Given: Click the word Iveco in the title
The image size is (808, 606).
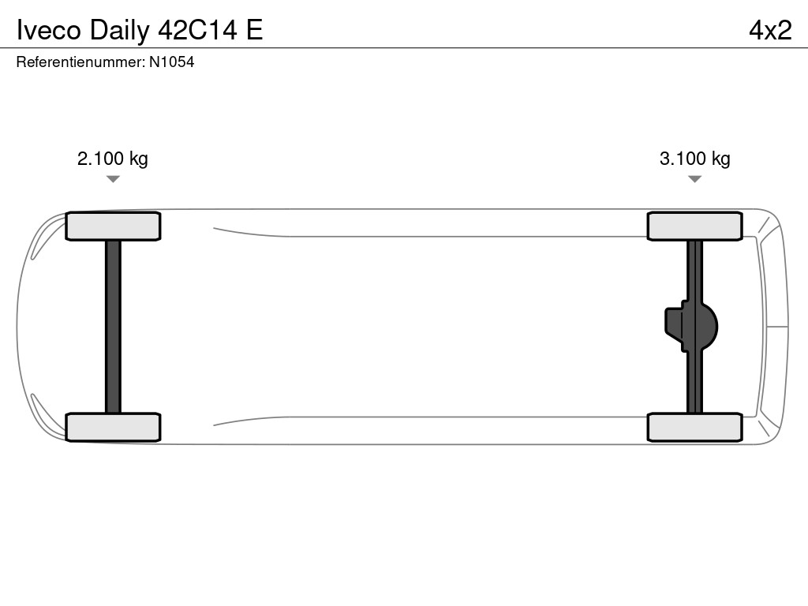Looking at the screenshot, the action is pyautogui.click(x=49, y=30).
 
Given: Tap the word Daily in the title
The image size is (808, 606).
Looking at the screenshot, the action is pyautogui.click(x=120, y=32).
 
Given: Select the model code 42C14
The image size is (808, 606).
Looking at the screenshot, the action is pyautogui.click(x=197, y=30).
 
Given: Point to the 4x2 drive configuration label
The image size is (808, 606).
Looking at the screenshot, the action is pyautogui.click(x=770, y=31).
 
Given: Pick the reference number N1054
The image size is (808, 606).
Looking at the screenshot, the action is pyautogui.click(x=171, y=62).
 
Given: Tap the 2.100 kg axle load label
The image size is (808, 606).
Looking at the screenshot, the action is pyautogui.click(x=112, y=159).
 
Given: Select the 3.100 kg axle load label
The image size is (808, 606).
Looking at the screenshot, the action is pyautogui.click(x=694, y=159).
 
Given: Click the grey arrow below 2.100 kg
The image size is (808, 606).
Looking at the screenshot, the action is pyautogui.click(x=113, y=179).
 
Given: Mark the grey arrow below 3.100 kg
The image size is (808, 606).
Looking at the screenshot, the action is pyautogui.click(x=694, y=179).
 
